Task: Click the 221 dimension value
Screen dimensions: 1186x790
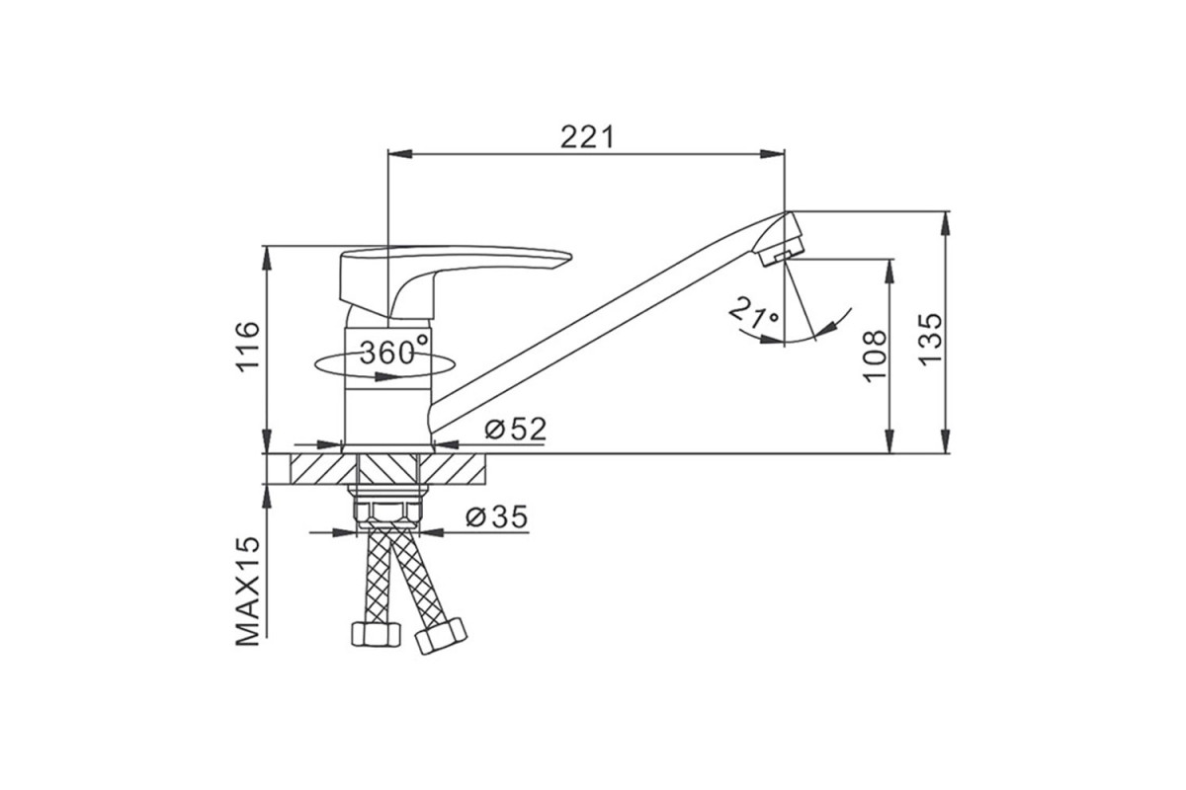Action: [x=587, y=137]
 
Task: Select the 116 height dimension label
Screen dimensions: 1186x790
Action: [x=248, y=348]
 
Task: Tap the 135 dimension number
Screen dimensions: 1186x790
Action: [x=930, y=340]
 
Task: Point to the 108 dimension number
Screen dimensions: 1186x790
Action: [x=875, y=356]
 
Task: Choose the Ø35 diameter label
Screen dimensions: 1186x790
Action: [x=496, y=517]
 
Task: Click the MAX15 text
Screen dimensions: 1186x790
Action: [x=248, y=592]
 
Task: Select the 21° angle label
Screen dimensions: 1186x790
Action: [x=754, y=312]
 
